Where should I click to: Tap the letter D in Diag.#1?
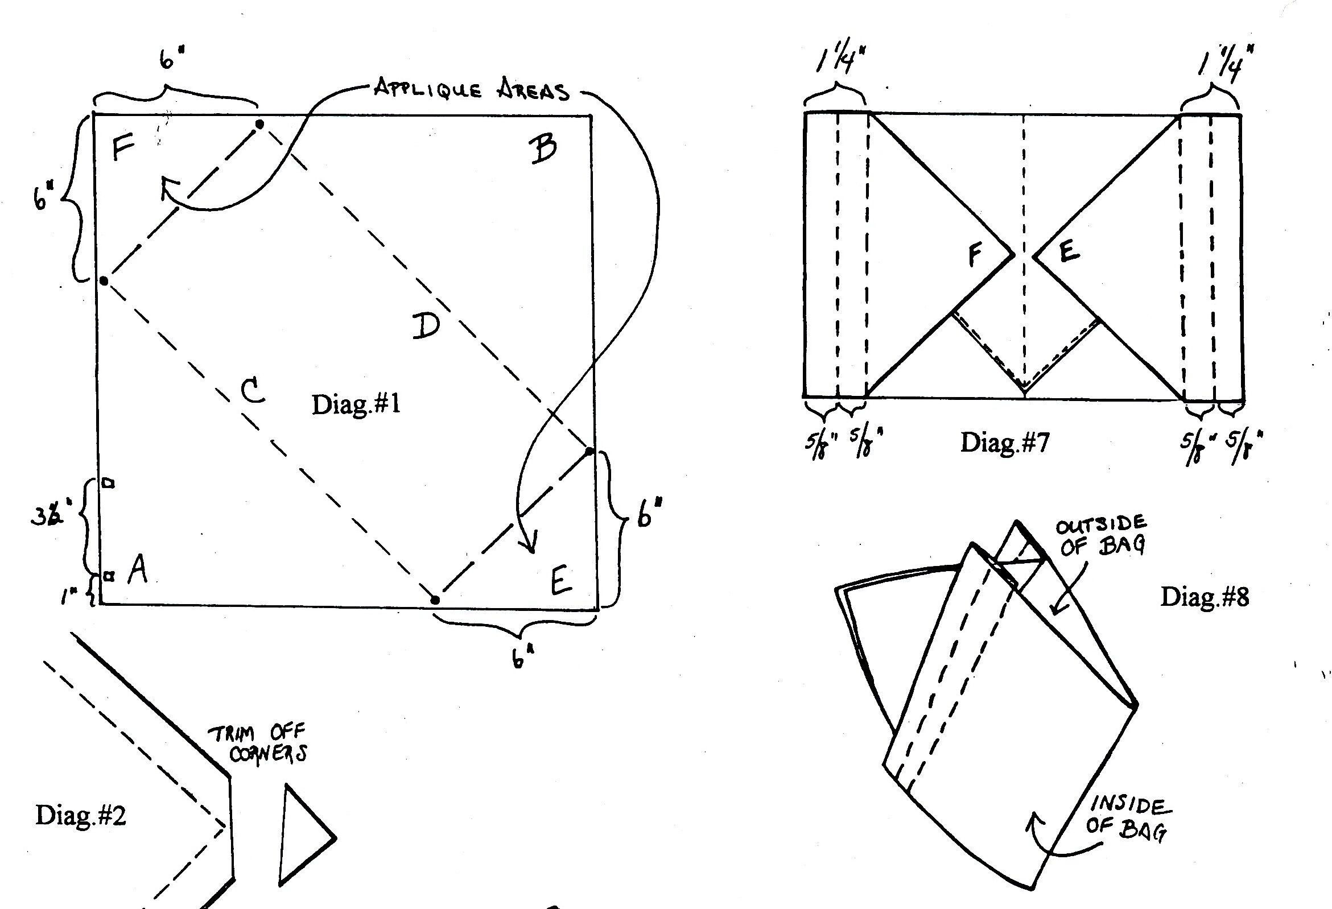[x=426, y=325]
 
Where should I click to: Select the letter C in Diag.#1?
[x=252, y=391]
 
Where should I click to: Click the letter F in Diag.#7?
[x=975, y=254]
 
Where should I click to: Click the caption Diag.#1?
[x=356, y=404]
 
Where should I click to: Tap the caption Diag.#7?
[x=1005, y=443]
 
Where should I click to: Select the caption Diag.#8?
[x=1204, y=597]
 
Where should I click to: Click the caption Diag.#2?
[x=81, y=815]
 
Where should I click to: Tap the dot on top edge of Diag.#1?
[x=259, y=124]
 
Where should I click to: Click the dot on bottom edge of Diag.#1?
[x=435, y=600]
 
